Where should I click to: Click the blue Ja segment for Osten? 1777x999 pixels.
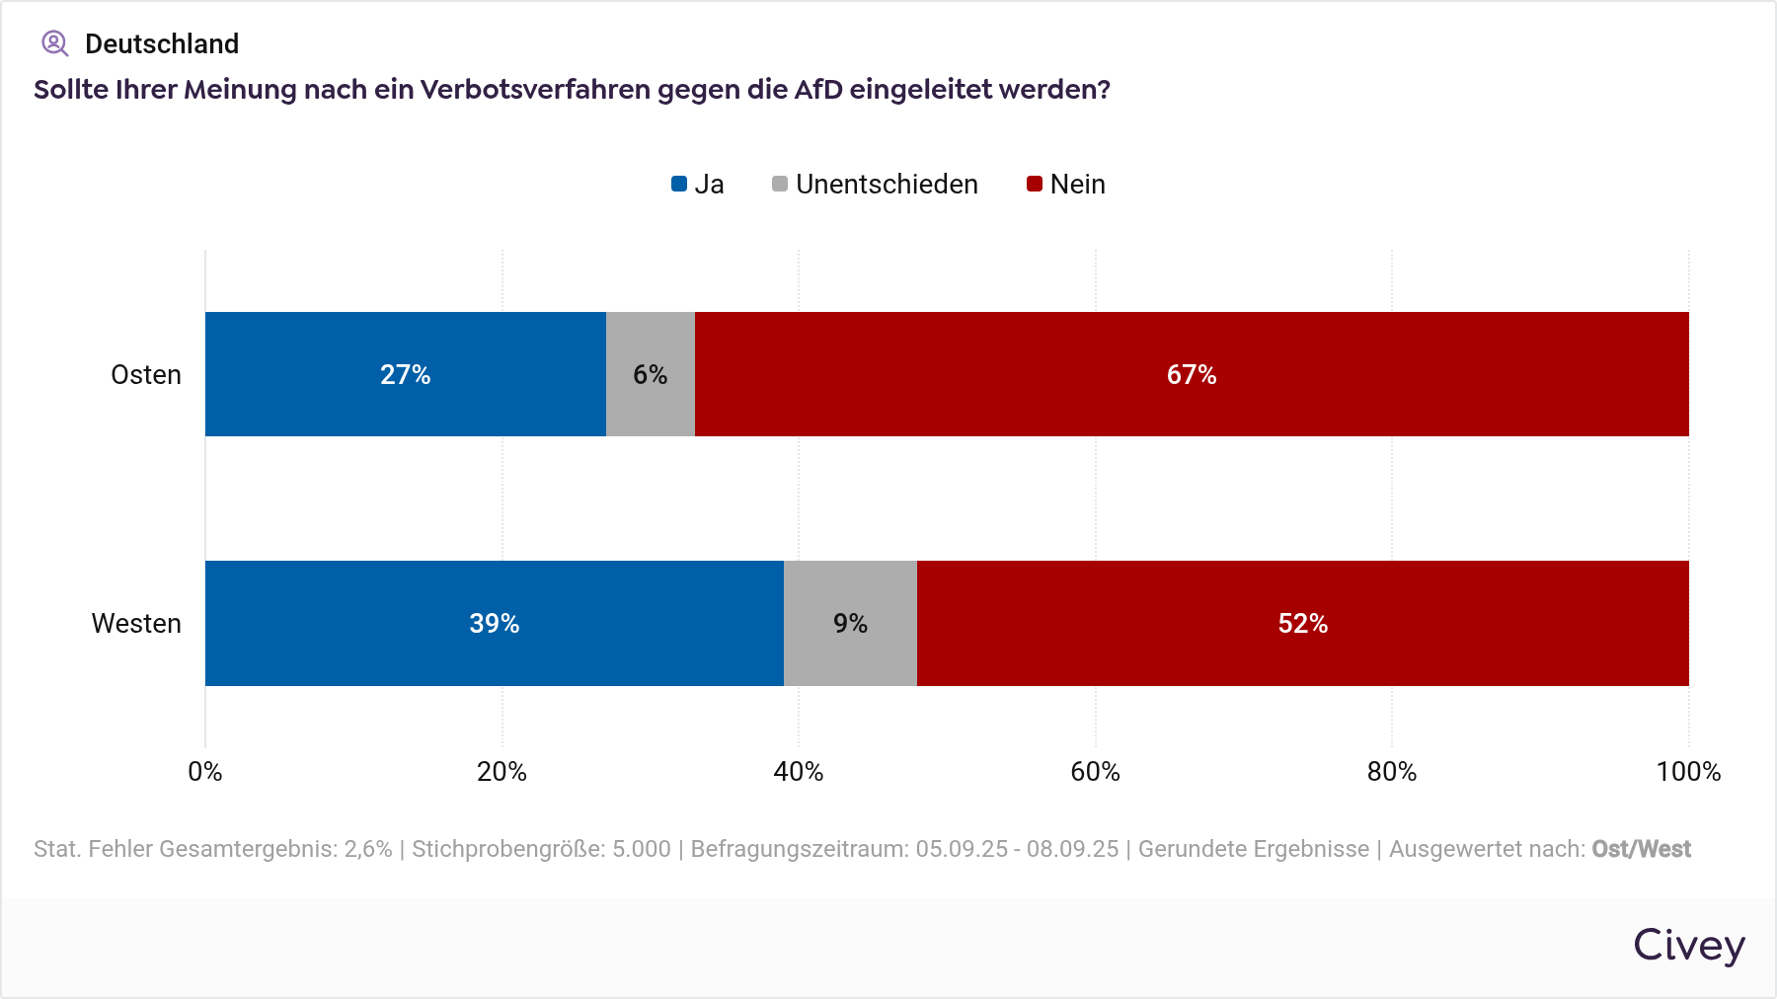click(x=405, y=374)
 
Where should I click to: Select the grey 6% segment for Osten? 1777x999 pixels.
click(x=650, y=374)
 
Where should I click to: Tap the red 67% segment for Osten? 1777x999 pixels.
click(x=1192, y=374)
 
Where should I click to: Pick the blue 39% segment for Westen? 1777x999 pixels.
click(x=494, y=623)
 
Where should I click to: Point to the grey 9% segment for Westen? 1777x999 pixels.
click(x=850, y=623)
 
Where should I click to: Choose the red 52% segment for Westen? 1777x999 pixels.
click(x=1302, y=623)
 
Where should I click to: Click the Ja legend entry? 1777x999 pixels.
click(x=698, y=185)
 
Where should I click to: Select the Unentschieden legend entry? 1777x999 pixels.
click(x=875, y=185)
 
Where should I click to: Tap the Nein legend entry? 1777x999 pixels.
click(x=1066, y=185)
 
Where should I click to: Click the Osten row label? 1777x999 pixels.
click(x=146, y=375)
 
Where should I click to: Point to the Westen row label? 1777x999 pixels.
click(x=136, y=624)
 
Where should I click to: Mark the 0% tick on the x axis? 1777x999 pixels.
click(x=205, y=772)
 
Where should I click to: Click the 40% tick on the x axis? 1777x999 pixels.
click(x=799, y=772)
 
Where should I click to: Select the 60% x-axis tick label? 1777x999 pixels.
click(x=1095, y=772)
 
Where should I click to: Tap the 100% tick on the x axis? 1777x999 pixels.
click(x=1688, y=772)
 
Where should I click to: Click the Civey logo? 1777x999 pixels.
click(x=1688, y=946)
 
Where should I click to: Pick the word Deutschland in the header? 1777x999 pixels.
click(x=162, y=43)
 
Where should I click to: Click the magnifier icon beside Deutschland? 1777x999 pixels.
click(x=54, y=43)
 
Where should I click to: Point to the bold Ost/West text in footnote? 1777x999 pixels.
click(x=1641, y=849)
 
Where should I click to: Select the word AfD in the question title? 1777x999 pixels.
click(x=817, y=90)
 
